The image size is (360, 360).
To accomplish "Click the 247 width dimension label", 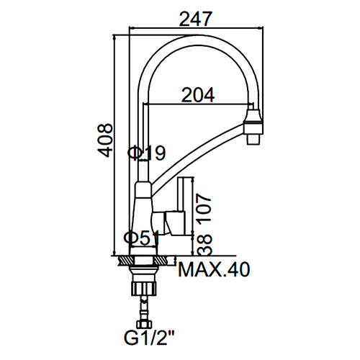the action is tap(196, 19).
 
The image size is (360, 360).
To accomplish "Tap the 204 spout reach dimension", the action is tap(198, 95).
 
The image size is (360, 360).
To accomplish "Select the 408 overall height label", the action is tap(105, 140).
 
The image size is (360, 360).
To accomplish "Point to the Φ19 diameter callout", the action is tap(146, 153).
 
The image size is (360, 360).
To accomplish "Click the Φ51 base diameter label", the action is tap(142, 238).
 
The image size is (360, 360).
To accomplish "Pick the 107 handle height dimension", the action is tap(204, 208).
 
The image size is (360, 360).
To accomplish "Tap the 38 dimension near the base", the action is tap(204, 245).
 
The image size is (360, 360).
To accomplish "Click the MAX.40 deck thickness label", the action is tap(214, 270).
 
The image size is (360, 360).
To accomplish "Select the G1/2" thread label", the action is tap(149, 338).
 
